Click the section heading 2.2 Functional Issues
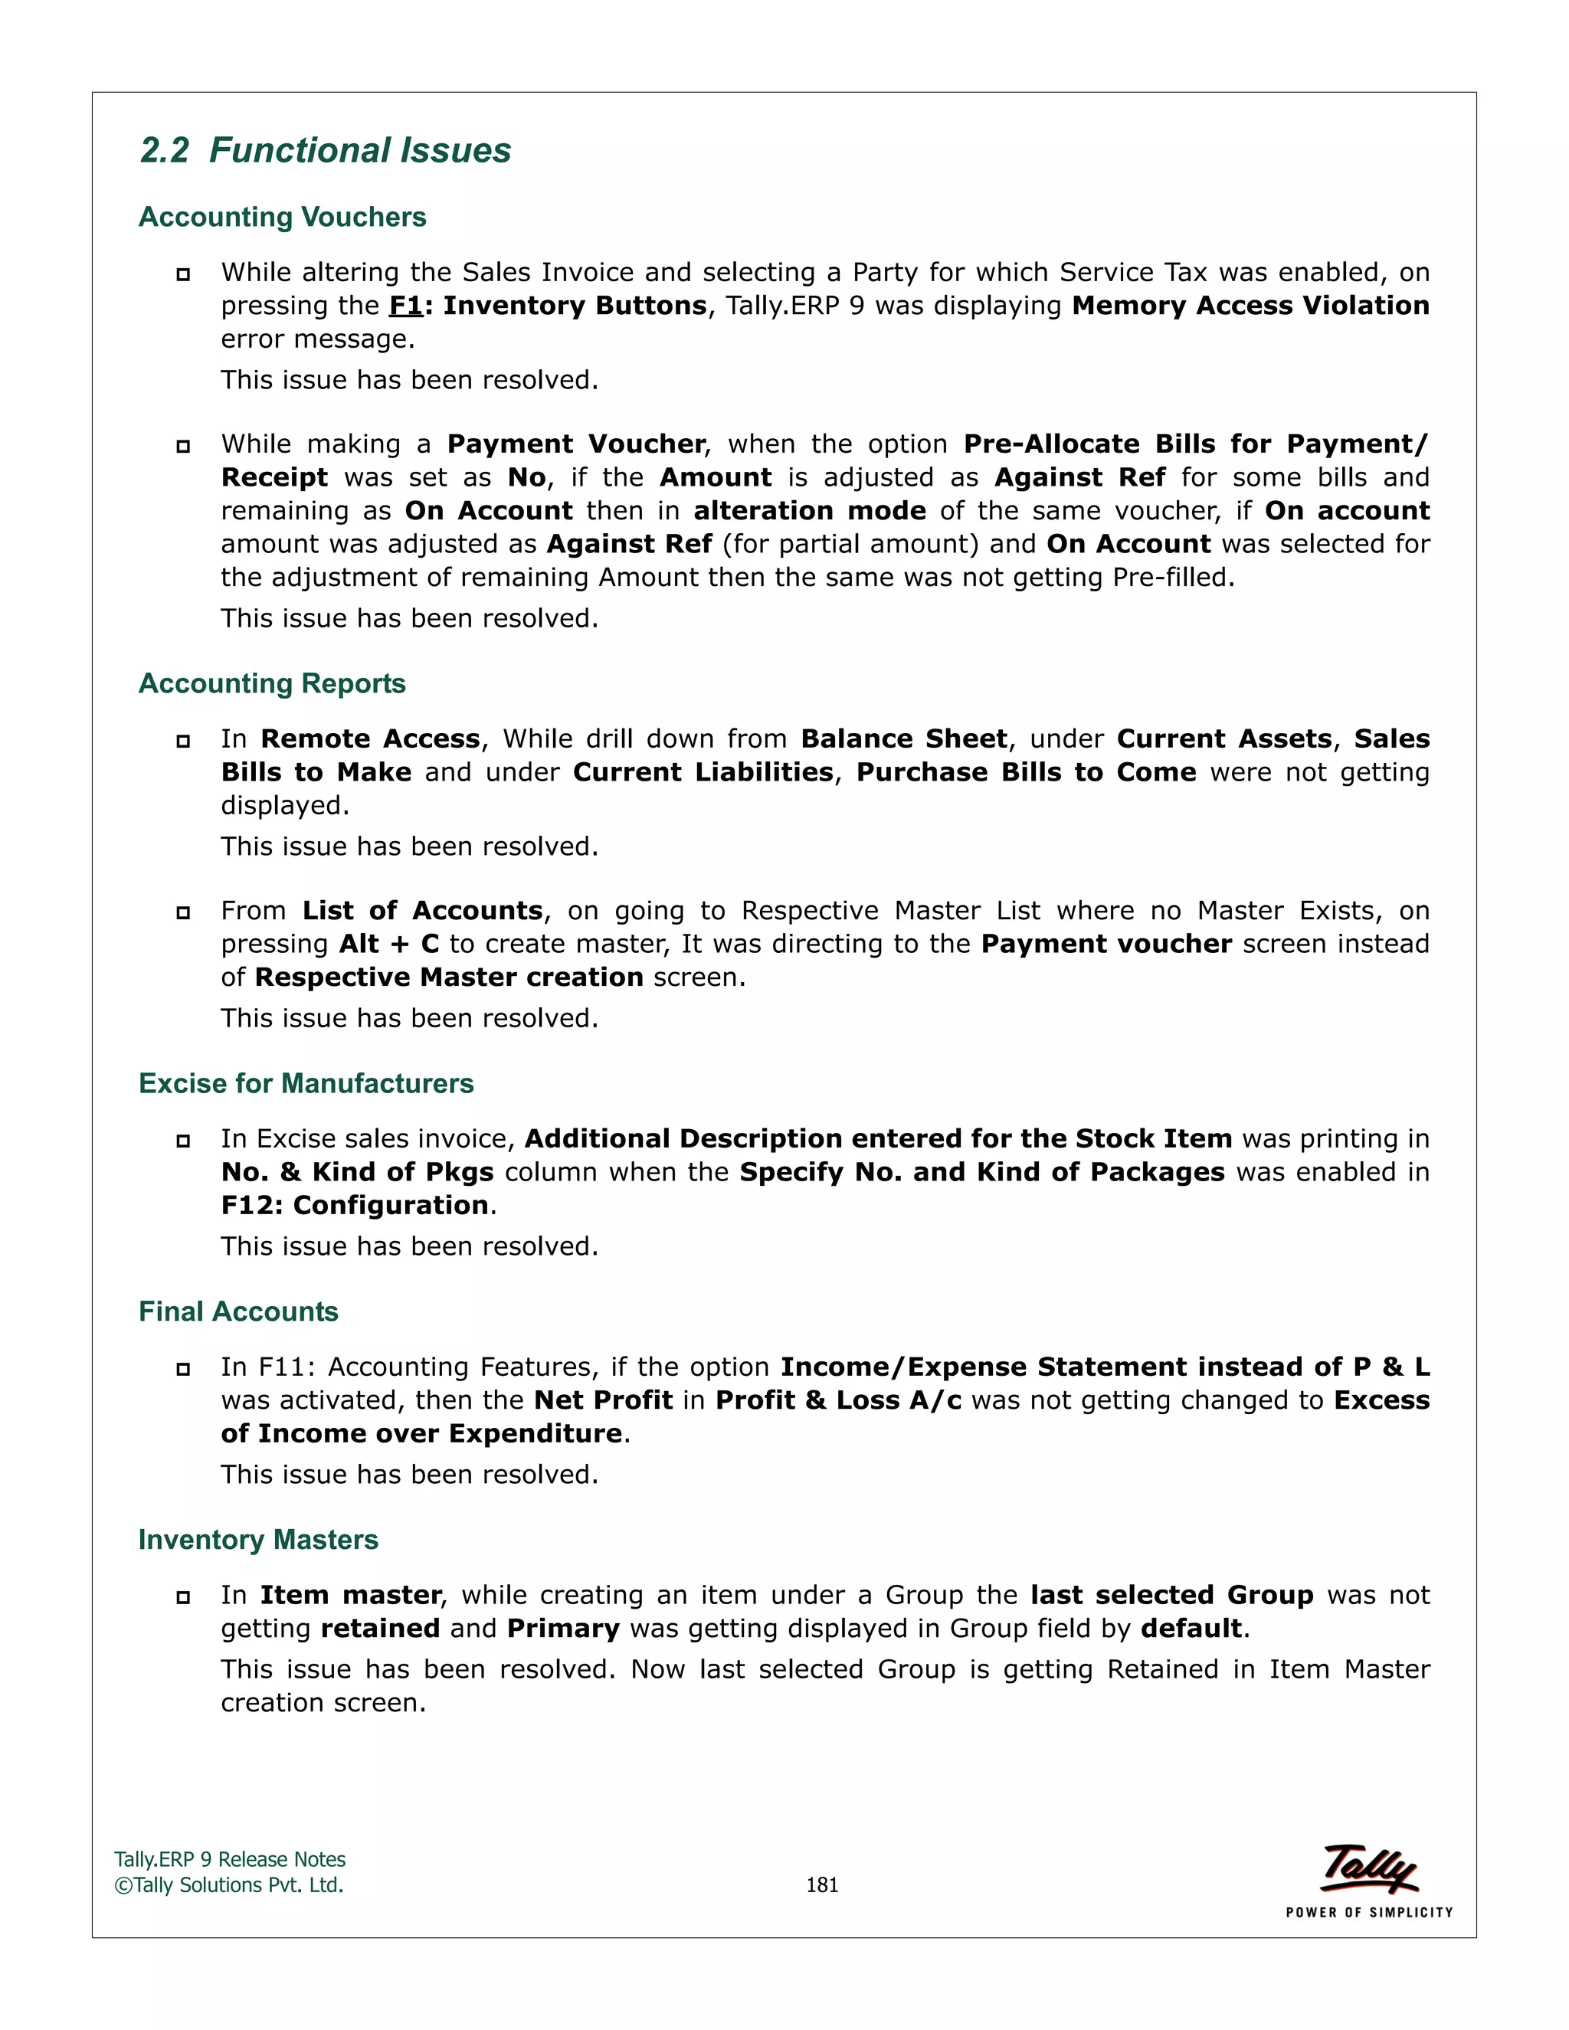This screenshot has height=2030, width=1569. click(326, 151)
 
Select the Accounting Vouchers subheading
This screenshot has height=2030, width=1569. click(283, 217)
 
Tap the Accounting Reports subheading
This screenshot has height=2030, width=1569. click(272, 683)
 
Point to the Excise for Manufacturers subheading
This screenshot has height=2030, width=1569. click(306, 1083)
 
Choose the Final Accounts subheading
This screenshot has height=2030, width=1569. click(238, 1311)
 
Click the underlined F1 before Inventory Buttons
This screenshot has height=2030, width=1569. click(406, 306)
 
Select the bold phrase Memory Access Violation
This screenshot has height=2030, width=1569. click(1250, 306)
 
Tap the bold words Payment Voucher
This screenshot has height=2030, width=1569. click(576, 444)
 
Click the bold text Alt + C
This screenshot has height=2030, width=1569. click(388, 944)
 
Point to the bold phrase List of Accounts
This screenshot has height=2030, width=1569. click(422, 910)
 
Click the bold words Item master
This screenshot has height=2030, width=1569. click(350, 1595)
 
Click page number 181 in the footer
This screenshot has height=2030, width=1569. click(822, 1885)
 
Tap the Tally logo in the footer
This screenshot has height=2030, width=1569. click(1369, 1868)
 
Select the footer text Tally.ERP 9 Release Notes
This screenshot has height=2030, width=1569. click(230, 1860)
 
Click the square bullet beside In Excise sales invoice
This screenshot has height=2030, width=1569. click(183, 1141)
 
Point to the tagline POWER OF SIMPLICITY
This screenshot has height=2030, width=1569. click(1369, 1913)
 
